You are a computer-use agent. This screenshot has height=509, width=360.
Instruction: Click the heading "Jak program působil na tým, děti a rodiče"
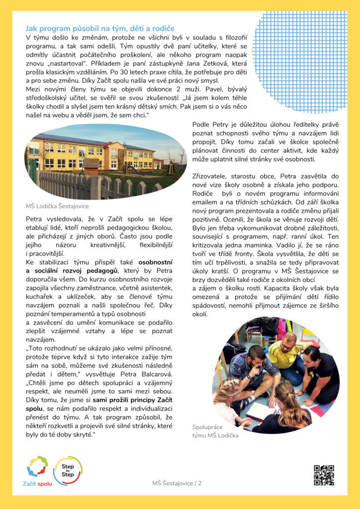click(100, 29)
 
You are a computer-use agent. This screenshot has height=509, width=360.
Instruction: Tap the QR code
click(324, 475)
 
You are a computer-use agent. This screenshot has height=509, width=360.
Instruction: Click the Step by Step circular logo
click(67, 470)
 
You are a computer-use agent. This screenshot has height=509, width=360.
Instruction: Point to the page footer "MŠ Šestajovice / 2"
click(177, 483)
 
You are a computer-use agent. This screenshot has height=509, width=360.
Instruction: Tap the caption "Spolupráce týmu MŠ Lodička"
click(215, 431)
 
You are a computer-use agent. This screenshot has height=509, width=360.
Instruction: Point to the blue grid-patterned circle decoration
click(306, 55)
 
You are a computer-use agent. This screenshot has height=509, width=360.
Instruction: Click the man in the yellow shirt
click(288, 354)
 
